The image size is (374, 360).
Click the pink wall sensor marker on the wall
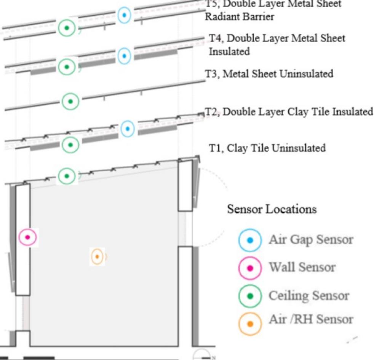(28, 237)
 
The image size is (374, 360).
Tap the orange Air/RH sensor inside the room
(97, 256)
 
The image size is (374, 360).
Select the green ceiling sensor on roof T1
(67, 176)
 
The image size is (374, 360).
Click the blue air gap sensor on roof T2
(127, 129)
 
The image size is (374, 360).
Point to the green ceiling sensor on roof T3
(70, 102)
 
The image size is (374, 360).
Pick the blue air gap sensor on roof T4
(124, 56)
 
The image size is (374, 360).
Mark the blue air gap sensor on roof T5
(124, 15)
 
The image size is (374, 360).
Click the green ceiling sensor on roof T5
(67, 28)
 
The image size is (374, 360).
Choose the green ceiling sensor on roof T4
(67, 67)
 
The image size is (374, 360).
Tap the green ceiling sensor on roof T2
(70, 145)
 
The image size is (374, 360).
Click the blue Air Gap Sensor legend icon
(250, 241)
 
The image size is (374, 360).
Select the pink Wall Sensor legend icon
(250, 268)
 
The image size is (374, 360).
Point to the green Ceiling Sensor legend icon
(250, 296)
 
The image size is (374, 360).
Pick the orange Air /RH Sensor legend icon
(250, 324)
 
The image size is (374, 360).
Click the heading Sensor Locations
(272, 209)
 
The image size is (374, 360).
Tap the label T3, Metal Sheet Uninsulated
(269, 74)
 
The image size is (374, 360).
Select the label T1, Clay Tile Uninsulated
(267, 148)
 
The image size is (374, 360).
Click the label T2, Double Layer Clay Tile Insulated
(289, 112)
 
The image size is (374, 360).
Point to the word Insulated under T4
(229, 51)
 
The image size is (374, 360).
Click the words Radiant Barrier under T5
(240, 17)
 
